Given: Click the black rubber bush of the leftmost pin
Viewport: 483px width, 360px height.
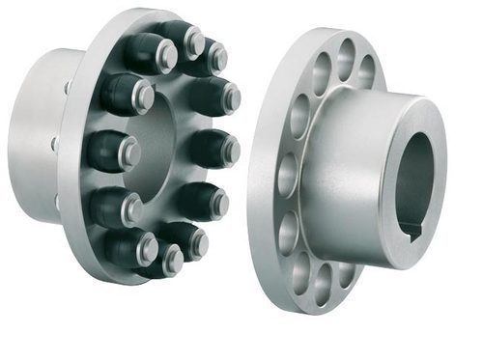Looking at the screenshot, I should click(103, 151).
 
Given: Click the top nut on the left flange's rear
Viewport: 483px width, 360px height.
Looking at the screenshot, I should click(69, 87).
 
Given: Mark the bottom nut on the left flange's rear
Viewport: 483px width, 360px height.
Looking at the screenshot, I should click(60, 204).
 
